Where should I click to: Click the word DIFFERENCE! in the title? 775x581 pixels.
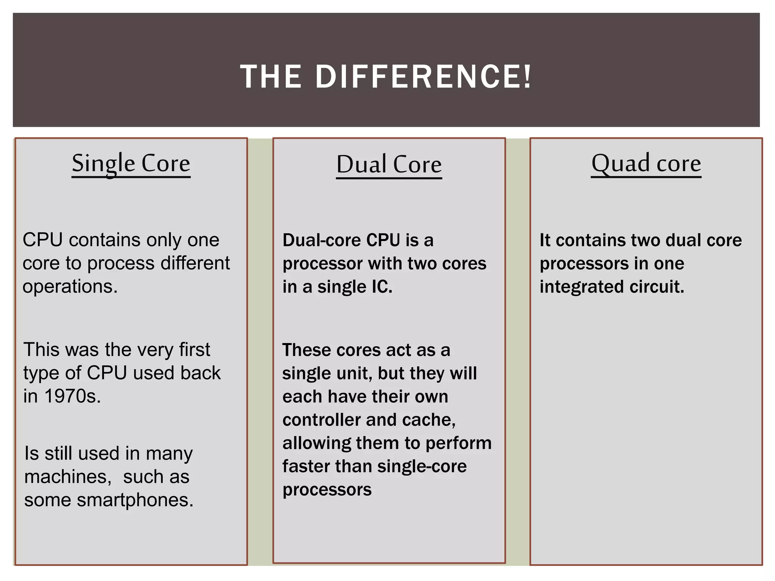pos(423,77)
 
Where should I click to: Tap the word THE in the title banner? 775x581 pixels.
pos(271,77)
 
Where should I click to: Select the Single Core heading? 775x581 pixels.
pos(131,163)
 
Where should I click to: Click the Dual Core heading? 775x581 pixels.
pos(389,165)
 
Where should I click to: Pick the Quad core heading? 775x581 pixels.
pos(646,163)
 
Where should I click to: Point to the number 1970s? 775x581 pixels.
pos(72,396)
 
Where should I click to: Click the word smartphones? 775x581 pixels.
pos(135,500)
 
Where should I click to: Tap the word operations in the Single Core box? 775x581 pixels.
pos(70,287)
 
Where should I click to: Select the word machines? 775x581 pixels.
pos(67,477)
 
